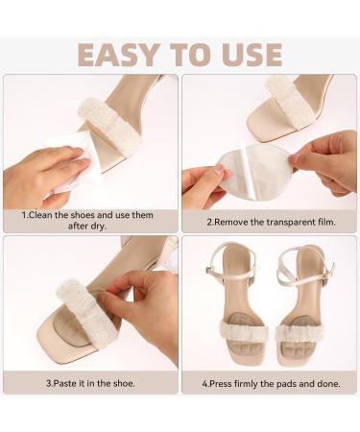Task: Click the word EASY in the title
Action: pos(118,55)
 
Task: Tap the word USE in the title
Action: pos(249,55)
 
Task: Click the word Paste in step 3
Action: pos(62,383)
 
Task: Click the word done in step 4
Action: pos(329,383)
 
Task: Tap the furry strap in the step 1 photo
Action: pos(110,126)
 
